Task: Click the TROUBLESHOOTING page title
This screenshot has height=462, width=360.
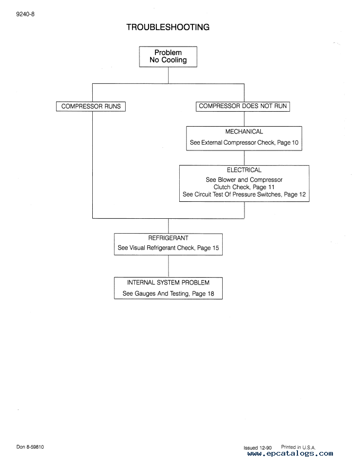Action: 168,27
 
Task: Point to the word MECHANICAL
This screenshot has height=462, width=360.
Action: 244,132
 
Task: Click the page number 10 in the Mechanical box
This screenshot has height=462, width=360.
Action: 295,143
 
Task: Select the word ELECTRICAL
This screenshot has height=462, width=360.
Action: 244,170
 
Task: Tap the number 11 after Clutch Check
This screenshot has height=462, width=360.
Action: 271,187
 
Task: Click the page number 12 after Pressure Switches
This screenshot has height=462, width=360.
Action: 302,194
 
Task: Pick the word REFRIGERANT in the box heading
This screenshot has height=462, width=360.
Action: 168,238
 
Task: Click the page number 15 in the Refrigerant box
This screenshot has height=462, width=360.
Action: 215,248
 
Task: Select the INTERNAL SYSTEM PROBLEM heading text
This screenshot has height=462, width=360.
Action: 168,282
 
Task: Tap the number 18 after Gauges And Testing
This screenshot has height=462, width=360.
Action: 210,294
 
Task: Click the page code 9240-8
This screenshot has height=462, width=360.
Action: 25,14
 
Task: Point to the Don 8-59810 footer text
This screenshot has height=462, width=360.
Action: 30,447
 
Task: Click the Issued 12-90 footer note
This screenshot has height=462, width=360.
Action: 257,448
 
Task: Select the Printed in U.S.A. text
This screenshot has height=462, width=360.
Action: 298,447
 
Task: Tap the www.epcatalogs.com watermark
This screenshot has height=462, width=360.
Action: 290,454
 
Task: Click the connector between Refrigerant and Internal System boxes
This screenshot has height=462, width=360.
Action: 169,266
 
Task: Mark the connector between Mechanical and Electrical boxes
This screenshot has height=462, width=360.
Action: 244,158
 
